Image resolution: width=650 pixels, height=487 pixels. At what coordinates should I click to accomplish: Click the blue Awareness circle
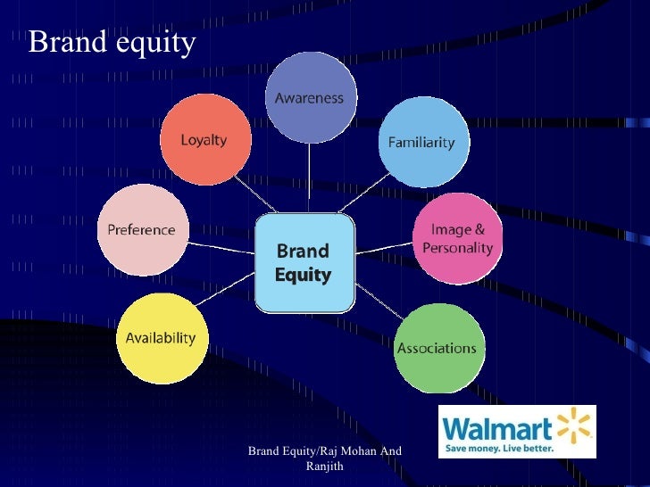[x=309, y=98]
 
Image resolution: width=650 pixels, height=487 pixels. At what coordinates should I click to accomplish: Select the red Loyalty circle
[x=204, y=140]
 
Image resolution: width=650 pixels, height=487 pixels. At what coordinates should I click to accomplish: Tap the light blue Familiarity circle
[x=421, y=142]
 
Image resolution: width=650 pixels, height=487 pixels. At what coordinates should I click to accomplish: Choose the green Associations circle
[x=437, y=348]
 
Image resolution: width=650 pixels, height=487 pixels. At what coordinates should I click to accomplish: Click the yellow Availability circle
[x=161, y=339]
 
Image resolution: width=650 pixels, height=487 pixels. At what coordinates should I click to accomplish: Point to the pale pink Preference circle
[x=141, y=230]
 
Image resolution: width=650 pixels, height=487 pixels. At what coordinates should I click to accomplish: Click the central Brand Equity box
[x=303, y=264]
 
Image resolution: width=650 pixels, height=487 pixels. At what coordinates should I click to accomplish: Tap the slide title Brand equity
[x=111, y=42]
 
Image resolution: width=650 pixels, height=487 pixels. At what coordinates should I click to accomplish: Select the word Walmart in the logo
[x=498, y=425]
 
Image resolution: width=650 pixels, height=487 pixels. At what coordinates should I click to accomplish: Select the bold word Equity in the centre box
[x=303, y=276]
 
